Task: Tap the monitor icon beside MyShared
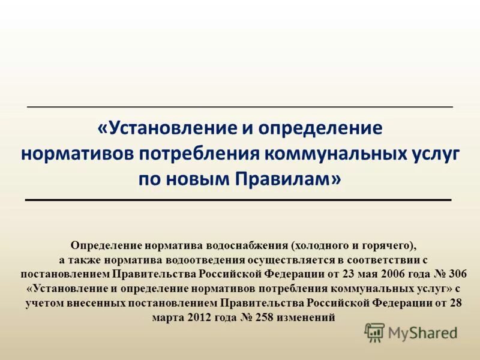374,332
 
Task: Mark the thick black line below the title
239,199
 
